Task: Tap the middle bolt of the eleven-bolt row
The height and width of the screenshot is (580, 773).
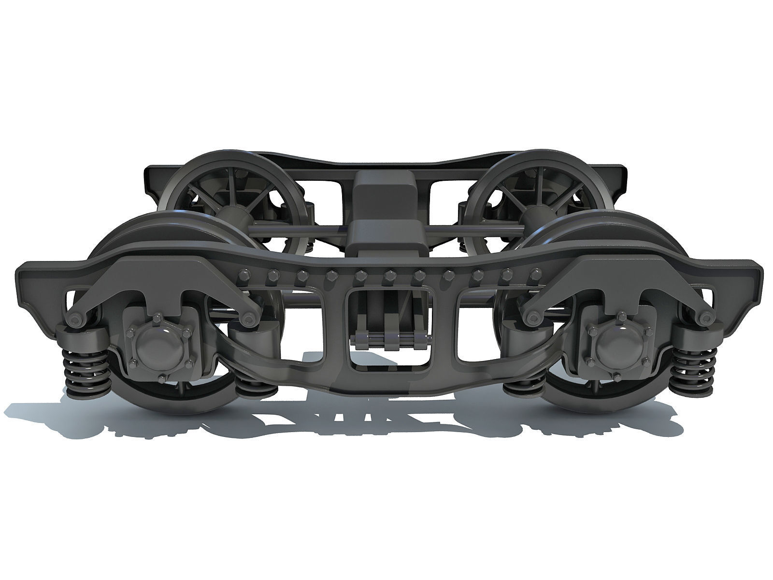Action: [389, 275]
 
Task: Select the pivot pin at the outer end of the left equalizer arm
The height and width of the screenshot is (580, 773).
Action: [76, 318]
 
